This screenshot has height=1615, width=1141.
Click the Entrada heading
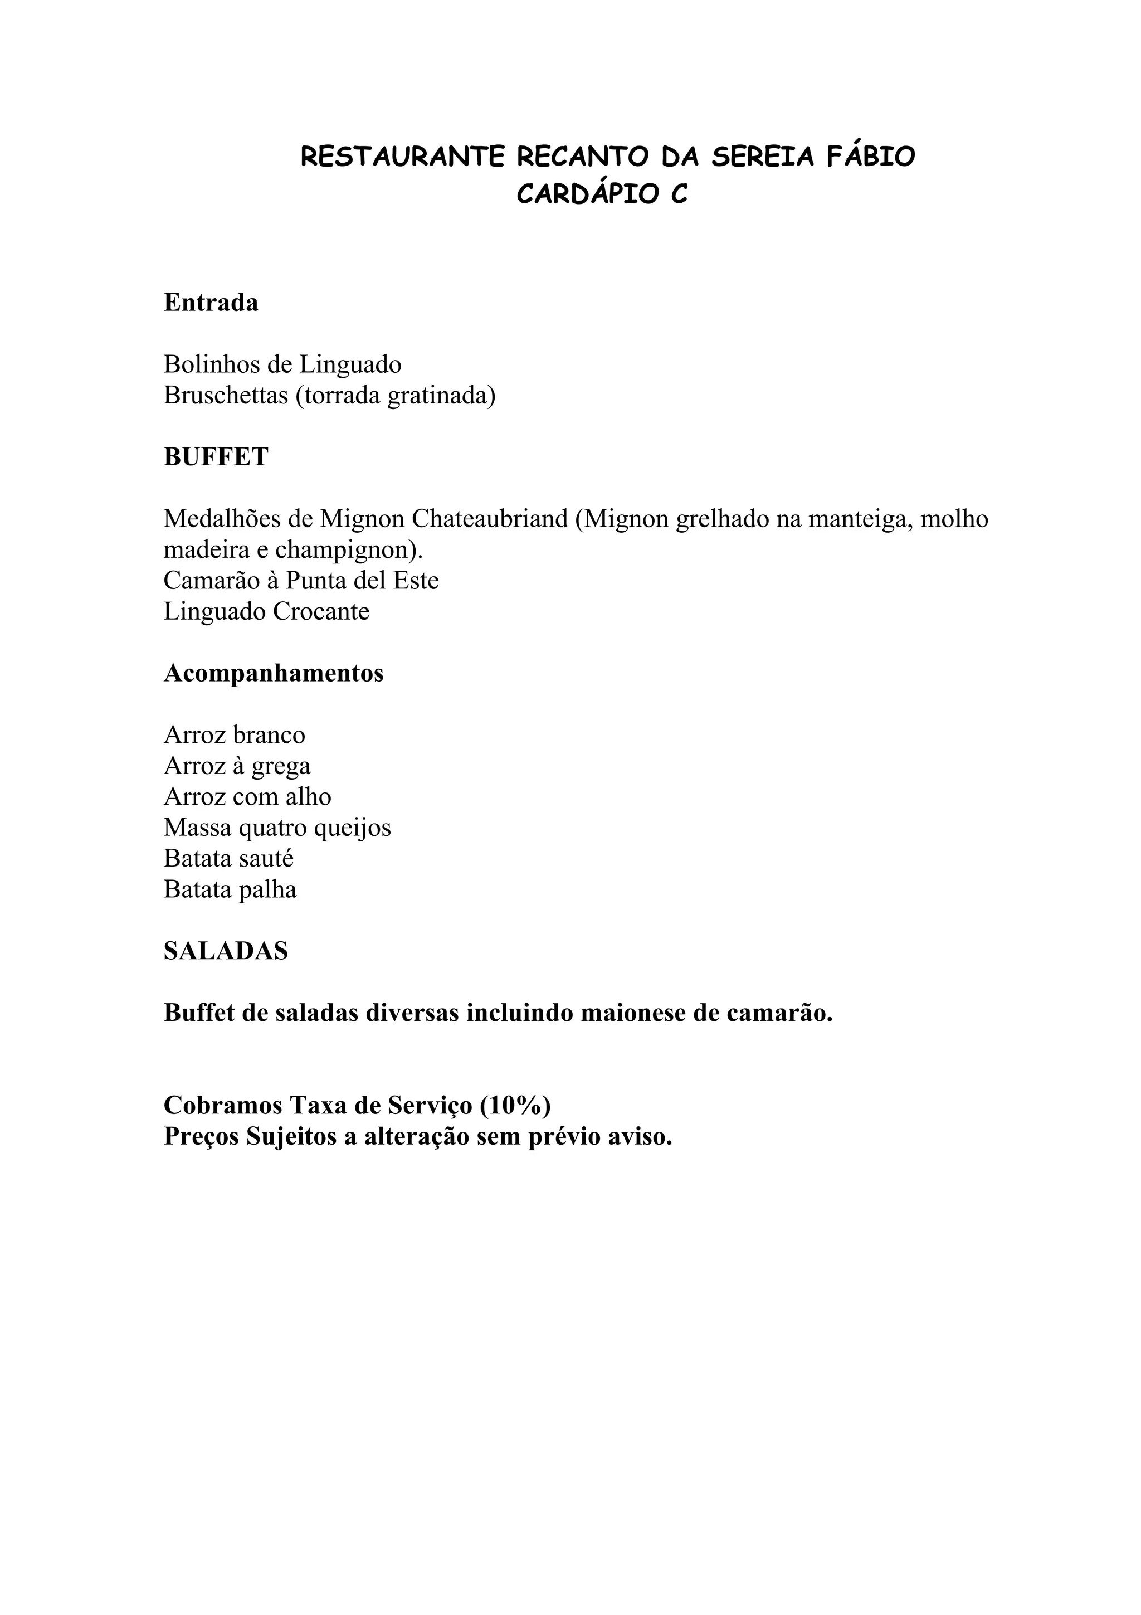[x=211, y=303]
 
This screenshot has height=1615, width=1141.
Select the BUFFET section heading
[x=216, y=457]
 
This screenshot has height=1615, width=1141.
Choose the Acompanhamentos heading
[x=274, y=673]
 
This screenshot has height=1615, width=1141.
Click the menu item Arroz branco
[x=234, y=735]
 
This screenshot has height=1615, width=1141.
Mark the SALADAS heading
[x=226, y=952]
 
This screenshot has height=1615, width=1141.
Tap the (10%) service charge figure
[x=515, y=1106]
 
